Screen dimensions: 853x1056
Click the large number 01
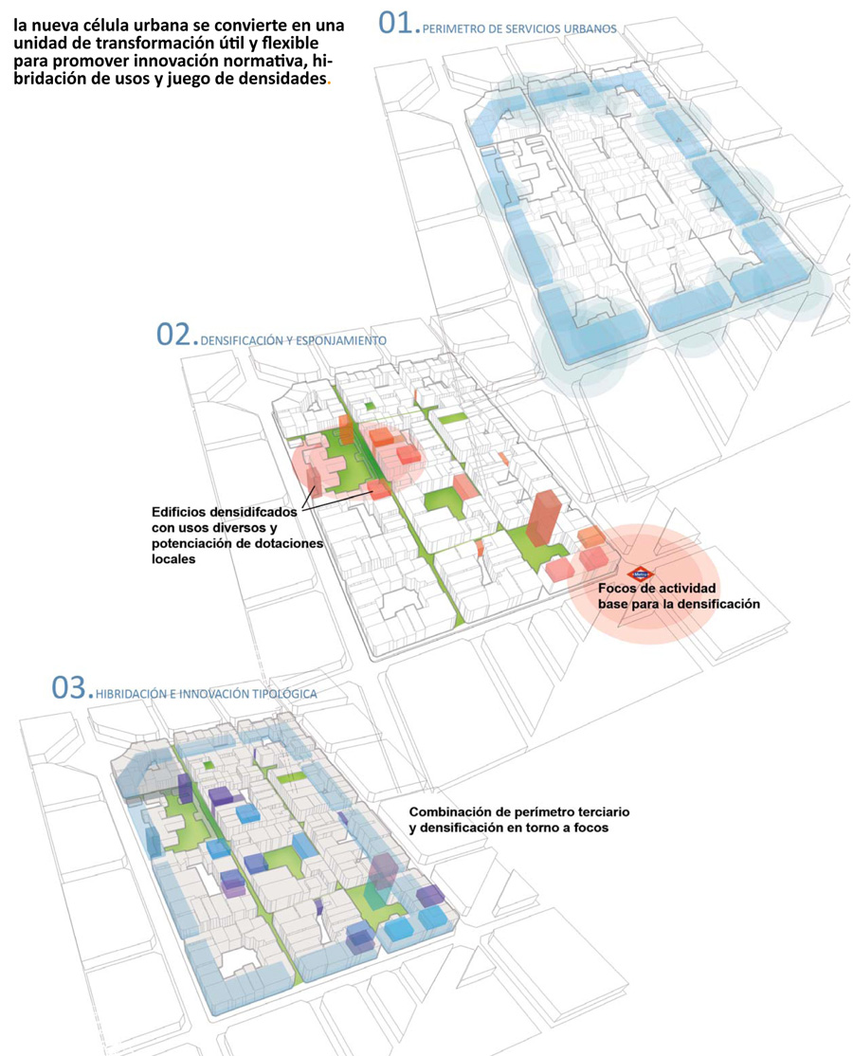[x=395, y=23]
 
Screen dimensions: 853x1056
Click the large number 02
[x=173, y=334]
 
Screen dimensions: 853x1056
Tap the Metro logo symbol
[x=640, y=574]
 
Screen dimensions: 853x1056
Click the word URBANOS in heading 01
[x=590, y=29]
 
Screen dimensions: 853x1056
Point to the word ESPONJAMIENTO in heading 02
[x=341, y=340]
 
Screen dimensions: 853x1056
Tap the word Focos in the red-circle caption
[x=617, y=588]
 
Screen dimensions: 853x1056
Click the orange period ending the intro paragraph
[x=329, y=82]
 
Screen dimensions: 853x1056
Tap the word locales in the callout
[x=173, y=559]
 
